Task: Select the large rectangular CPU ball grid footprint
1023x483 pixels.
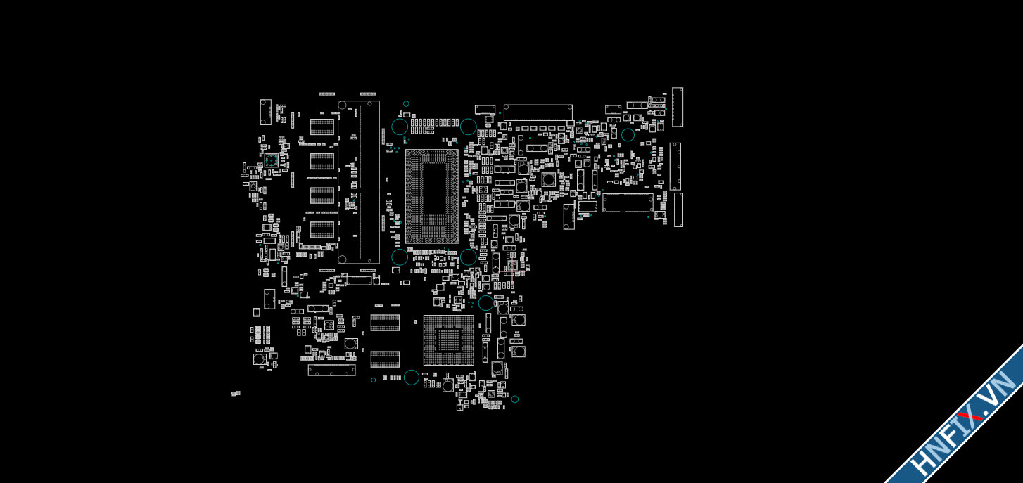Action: [x=431, y=196]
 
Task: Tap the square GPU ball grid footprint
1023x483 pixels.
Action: [x=448, y=340]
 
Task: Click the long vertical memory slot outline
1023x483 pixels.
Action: [x=359, y=182]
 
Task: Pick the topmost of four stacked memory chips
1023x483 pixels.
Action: [x=322, y=127]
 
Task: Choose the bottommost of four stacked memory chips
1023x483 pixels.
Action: [x=322, y=229]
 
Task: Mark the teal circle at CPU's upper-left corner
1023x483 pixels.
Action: [x=400, y=127]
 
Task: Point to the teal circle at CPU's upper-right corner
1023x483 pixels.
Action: [x=469, y=127]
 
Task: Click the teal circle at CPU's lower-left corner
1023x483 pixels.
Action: [x=400, y=257]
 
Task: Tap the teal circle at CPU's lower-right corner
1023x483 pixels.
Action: [x=469, y=257]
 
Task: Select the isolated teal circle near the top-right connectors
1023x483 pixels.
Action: [x=628, y=135]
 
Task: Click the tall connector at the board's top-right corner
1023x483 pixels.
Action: [x=678, y=107]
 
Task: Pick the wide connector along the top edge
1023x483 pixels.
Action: [x=538, y=112]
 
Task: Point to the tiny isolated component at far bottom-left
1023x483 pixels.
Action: [x=236, y=394]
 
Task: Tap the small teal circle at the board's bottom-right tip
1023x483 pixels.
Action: [x=515, y=399]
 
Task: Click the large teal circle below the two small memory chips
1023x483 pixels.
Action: [x=412, y=378]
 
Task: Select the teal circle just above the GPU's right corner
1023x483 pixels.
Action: [x=486, y=303]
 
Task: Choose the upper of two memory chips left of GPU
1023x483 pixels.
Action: [x=385, y=323]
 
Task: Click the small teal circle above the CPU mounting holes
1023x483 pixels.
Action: [x=406, y=104]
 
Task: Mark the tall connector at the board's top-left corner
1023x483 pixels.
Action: [x=265, y=112]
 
